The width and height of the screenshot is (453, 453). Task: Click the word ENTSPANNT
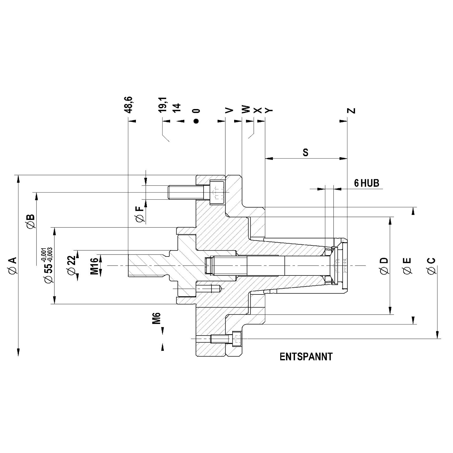click(x=306, y=357)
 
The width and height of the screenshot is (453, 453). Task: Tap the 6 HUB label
click(x=366, y=183)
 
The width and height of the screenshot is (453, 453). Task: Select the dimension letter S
click(x=305, y=152)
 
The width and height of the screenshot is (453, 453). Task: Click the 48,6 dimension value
click(x=129, y=105)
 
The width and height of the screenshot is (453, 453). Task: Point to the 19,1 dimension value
click(x=163, y=105)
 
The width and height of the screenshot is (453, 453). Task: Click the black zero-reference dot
click(x=196, y=121)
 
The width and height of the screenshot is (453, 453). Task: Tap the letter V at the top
click(x=229, y=110)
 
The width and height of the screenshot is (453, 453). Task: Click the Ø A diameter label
click(x=13, y=266)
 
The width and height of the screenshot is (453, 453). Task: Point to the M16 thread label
click(x=95, y=266)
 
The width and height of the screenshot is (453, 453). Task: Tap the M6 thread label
click(x=156, y=318)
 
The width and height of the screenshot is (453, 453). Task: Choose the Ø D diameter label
click(x=384, y=266)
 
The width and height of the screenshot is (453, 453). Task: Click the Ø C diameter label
click(x=431, y=266)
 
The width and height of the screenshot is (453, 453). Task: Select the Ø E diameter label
click(x=407, y=266)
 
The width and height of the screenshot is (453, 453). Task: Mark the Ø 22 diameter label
click(x=71, y=265)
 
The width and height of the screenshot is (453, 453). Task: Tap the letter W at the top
click(x=246, y=110)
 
